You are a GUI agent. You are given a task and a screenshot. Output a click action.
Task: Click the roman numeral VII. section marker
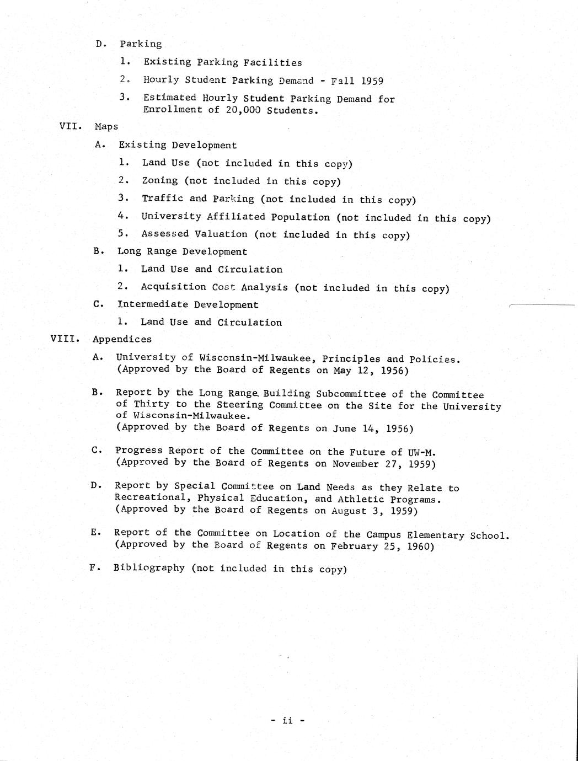[71, 126]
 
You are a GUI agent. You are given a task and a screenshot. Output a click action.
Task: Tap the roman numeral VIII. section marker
[65, 339]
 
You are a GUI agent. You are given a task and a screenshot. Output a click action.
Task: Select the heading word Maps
[106, 126]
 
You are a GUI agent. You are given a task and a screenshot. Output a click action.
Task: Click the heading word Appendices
[122, 339]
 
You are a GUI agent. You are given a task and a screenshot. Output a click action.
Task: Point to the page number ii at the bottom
[287, 720]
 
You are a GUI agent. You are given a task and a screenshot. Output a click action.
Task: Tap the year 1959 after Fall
[372, 81]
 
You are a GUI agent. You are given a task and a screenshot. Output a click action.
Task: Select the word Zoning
[160, 181]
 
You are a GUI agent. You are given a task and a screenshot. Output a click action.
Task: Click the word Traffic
[162, 199]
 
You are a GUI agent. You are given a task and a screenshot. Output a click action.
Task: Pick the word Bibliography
[149, 568]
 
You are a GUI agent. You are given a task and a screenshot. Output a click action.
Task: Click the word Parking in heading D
[141, 44]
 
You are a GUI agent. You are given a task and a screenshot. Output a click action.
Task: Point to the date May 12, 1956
[371, 371]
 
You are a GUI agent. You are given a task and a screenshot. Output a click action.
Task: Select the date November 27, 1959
[384, 464]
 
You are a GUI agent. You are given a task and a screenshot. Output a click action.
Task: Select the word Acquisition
[174, 287]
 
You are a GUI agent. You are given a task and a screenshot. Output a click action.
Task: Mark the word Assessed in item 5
[165, 234]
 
